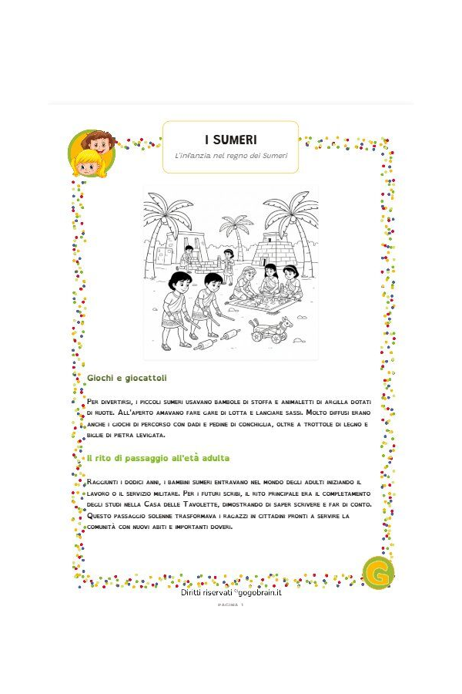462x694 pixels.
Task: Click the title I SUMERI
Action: click(x=230, y=140)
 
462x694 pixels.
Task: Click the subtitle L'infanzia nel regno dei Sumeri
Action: click(x=230, y=157)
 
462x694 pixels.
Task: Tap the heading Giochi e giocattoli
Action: click(x=126, y=379)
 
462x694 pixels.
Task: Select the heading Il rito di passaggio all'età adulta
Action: click(x=158, y=458)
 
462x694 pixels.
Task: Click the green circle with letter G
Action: click(x=378, y=574)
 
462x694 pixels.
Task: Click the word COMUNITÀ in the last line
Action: click(x=105, y=527)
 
